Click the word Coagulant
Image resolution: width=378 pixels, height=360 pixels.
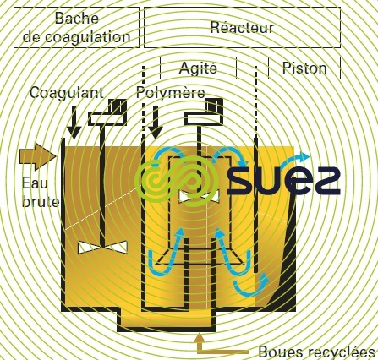(67, 93)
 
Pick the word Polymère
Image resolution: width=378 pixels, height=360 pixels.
(171, 93)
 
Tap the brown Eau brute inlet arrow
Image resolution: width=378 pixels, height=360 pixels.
(38, 156)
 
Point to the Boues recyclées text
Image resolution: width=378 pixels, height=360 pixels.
(316, 352)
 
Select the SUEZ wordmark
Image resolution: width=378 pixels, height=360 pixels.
(283, 180)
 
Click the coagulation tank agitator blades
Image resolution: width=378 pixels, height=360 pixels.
(102, 248)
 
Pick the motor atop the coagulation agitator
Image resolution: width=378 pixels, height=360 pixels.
(107, 112)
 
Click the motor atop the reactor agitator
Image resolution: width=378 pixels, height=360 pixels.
(204, 112)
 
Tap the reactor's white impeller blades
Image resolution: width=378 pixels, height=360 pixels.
(199, 196)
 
